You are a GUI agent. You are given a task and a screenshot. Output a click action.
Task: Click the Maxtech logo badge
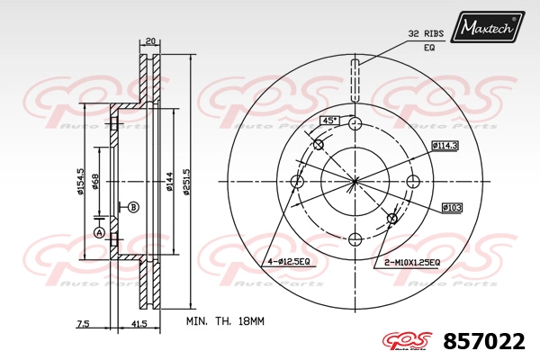[x=487, y=27]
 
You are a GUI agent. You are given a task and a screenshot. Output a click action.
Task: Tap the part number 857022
[x=484, y=341]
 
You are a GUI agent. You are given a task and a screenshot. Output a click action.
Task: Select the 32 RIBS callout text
[x=426, y=34]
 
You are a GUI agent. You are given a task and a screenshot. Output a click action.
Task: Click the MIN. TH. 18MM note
[x=225, y=321]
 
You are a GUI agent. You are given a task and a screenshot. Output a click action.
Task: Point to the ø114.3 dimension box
[x=445, y=146]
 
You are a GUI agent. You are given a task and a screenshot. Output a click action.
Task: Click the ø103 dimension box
[x=452, y=208]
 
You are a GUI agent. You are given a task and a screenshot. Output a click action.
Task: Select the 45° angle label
[x=330, y=121]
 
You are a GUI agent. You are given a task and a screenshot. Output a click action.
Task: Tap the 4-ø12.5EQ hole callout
[x=289, y=262]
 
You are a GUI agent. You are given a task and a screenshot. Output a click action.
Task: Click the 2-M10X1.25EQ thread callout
[x=412, y=263]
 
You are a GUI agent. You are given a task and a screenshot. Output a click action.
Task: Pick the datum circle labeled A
[x=99, y=233]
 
